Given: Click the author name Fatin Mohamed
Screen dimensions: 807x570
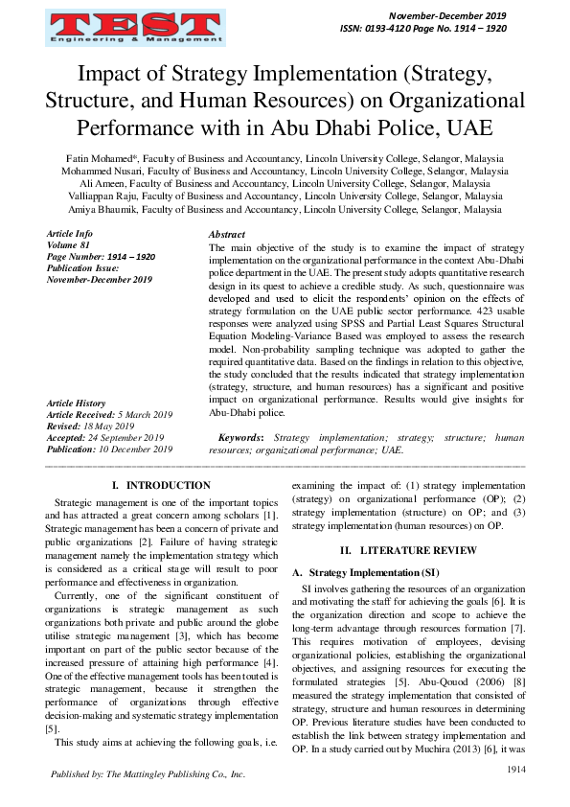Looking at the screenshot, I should pyautogui.click(x=101, y=158).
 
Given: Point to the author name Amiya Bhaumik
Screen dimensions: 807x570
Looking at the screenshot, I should pyautogui.click(x=101, y=208).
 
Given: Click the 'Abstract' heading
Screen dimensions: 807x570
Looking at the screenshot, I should pyautogui.click(x=226, y=235).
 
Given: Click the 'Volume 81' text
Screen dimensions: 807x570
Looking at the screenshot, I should pyautogui.click(x=68, y=245).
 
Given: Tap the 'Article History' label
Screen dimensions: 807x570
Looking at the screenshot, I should pyautogui.click(x=77, y=403).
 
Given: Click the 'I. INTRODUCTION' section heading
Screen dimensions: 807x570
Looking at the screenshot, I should pyautogui.click(x=161, y=486).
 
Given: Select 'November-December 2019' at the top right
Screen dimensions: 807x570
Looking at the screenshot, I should pyautogui.click(x=446, y=16).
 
